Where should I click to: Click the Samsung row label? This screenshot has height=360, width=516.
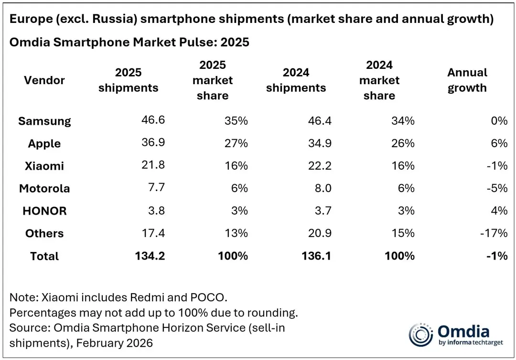[44, 121]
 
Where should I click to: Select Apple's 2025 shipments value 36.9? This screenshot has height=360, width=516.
[153, 142]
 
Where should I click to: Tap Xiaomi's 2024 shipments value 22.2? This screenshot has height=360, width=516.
[320, 166]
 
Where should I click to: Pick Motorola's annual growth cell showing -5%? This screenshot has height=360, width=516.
[497, 188]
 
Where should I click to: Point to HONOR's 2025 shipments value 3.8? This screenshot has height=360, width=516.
[156, 210]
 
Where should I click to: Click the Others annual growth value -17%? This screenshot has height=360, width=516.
[494, 233]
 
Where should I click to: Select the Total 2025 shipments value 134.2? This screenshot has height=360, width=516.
[150, 256]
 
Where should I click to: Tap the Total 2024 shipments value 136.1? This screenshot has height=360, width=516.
[316, 256]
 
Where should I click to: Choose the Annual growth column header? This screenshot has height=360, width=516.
[467, 80]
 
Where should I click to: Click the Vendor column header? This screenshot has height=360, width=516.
[44, 80]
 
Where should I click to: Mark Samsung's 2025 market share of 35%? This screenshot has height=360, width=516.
[236, 121]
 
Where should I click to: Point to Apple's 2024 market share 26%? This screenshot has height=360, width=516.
[403, 143]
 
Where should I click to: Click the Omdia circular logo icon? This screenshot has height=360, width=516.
[420, 335]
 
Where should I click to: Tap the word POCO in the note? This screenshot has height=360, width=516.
[207, 297]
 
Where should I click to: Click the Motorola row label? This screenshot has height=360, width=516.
[44, 188]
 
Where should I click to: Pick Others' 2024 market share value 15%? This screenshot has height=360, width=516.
[403, 233]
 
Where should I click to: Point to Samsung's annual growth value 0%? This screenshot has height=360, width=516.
[499, 121]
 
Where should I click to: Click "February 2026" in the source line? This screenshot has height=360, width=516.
[115, 343]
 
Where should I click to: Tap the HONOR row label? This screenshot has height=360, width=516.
[44, 211]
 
